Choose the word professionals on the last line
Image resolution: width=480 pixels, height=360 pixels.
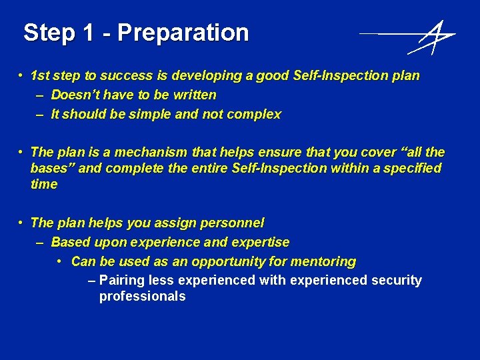(x=142, y=297)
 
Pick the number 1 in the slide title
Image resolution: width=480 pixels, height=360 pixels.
(x=89, y=33)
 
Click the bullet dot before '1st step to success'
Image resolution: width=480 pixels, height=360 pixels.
(x=22, y=75)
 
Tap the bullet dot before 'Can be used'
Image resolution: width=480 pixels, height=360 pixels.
(x=61, y=261)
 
